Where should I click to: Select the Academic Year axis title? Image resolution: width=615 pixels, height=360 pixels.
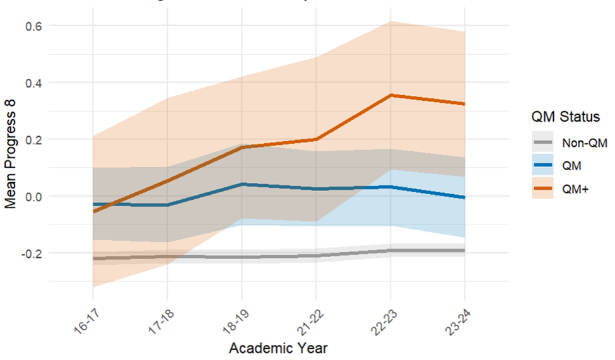coord(278,347)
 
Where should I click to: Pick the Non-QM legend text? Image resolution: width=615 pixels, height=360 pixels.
coord(584,144)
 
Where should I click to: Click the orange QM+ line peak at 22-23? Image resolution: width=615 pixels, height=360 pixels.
coord(390,95)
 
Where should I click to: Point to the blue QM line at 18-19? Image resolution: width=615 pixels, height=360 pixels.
coord(242,184)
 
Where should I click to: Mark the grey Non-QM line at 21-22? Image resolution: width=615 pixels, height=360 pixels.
coord(316,256)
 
